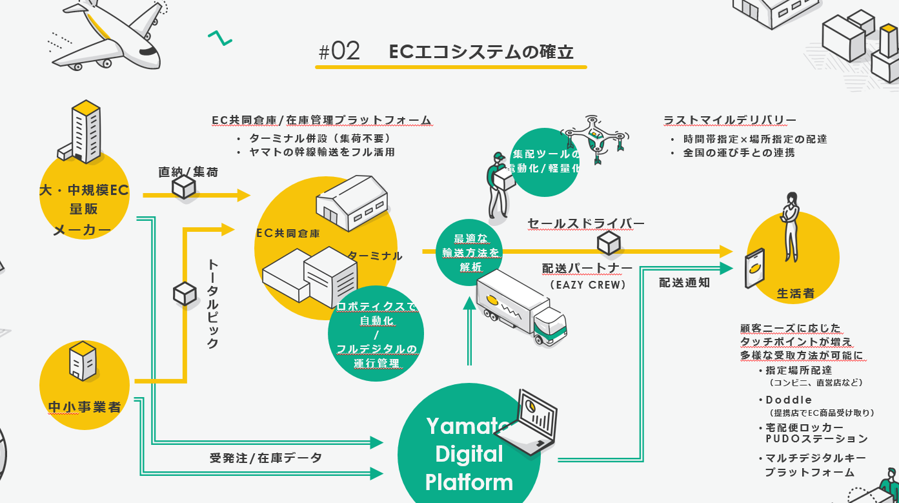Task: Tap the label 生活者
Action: (x=795, y=294)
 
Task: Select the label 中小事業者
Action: (x=85, y=407)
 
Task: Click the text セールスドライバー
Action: (x=585, y=224)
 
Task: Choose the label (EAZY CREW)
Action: (x=588, y=284)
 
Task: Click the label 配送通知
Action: (x=684, y=282)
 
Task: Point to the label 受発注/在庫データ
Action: (x=265, y=458)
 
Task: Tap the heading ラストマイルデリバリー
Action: (x=729, y=120)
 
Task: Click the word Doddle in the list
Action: (x=789, y=400)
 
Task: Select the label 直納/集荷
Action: (x=188, y=172)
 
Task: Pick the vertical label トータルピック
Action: (x=213, y=303)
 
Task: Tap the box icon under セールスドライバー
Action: (x=608, y=243)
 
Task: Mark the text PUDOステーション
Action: (x=816, y=439)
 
